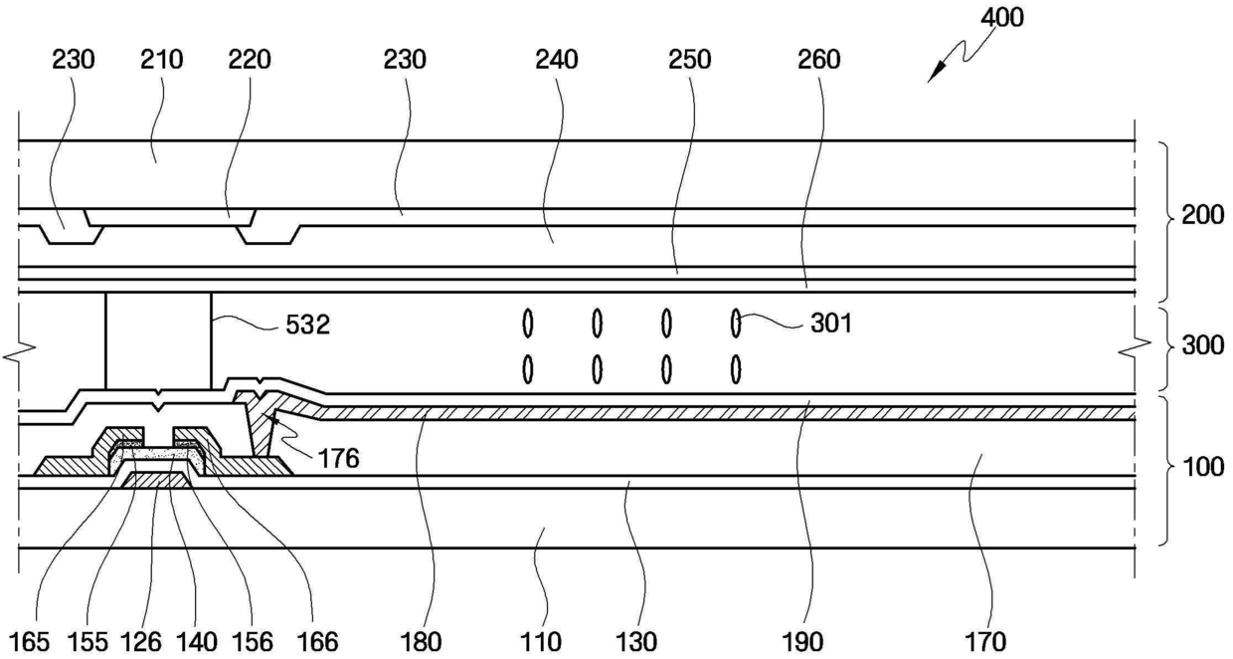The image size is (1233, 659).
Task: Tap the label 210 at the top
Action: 162,60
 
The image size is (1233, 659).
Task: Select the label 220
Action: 250,60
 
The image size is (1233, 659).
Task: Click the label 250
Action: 690,60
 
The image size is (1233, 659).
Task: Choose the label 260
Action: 818,60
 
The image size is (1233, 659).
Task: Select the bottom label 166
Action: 314,641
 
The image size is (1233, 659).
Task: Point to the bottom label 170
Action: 985,641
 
